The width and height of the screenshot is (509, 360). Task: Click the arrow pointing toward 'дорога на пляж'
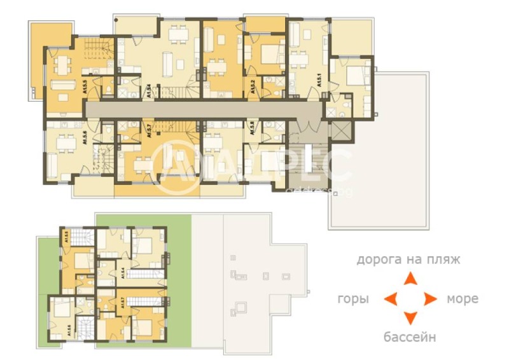point(411,278)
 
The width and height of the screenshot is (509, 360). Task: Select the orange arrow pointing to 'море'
point(430,298)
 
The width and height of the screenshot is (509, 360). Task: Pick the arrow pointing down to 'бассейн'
point(411,318)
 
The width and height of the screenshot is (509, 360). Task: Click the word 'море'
point(462,298)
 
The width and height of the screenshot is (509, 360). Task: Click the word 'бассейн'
point(410,336)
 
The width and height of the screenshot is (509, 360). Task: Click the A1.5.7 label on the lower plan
point(122,301)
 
